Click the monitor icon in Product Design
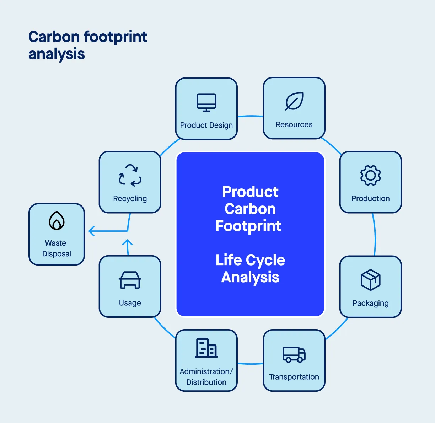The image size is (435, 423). (206, 103)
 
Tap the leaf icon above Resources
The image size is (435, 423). (294, 101)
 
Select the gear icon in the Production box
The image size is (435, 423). (370, 175)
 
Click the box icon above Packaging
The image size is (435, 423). (370, 279)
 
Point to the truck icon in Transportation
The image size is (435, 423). (294, 354)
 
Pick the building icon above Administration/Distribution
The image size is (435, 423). (206, 348)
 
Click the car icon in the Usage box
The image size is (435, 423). (130, 280)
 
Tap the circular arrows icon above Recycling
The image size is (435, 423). (130, 175)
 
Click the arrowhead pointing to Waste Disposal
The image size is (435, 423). (91, 231)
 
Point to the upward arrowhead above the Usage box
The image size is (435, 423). (127, 243)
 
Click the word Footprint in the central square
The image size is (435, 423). (248, 226)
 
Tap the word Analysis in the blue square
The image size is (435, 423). (250, 277)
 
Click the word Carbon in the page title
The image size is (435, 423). (54, 37)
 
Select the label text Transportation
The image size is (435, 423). (294, 377)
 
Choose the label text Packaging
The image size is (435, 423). (370, 303)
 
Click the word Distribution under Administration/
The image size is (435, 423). (206, 382)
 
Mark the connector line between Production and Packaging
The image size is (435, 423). (375, 235)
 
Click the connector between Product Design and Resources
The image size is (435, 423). (250, 116)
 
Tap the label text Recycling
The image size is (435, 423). (130, 199)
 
